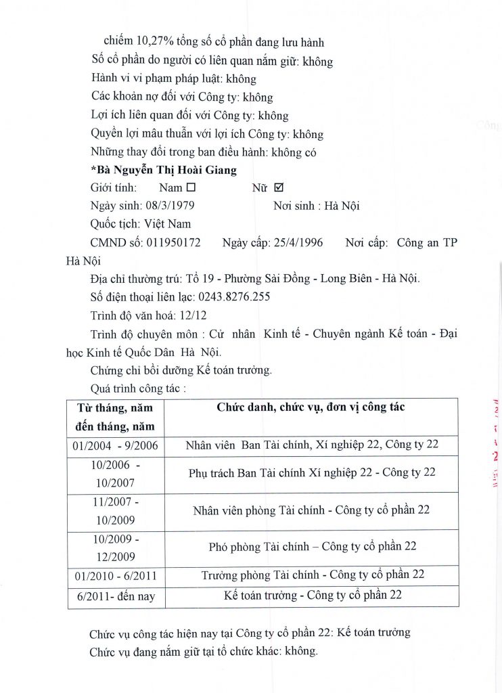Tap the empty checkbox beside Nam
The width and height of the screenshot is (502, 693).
click(191, 188)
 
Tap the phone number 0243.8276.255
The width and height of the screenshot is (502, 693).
click(233, 296)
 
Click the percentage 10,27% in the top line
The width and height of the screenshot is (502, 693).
click(154, 42)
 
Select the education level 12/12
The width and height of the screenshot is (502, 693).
click(194, 315)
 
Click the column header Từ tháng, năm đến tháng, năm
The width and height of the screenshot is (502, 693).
click(116, 417)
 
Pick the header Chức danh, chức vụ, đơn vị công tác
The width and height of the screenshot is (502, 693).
click(311, 407)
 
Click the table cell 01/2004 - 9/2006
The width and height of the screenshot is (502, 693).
click(115, 446)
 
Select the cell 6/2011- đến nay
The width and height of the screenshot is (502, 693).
click(116, 597)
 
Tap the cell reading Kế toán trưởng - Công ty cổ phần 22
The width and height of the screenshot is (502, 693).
click(313, 596)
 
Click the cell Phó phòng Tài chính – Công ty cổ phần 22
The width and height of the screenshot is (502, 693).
click(313, 547)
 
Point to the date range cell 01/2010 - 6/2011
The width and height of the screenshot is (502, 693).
click(115, 575)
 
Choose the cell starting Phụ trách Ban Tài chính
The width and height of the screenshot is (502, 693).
click(312, 472)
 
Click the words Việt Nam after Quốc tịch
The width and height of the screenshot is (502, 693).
click(167, 223)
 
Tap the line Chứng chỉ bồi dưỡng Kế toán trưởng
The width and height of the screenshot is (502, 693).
click(181, 370)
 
